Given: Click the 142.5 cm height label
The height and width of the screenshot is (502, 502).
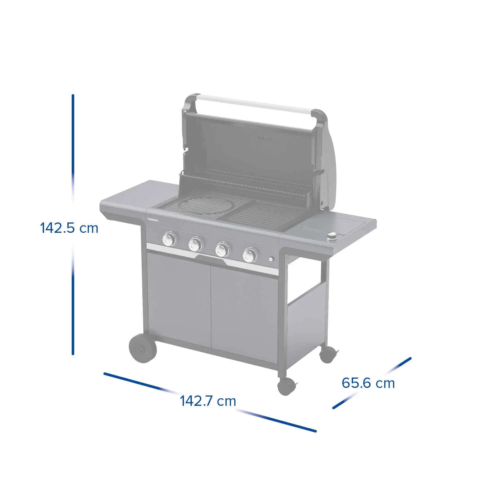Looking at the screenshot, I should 69,228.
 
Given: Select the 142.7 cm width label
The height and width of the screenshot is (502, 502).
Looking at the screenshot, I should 208,401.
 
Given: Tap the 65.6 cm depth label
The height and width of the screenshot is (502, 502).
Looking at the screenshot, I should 368,383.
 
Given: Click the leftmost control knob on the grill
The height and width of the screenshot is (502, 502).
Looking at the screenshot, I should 169,239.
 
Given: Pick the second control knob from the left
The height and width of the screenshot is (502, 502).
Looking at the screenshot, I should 196,244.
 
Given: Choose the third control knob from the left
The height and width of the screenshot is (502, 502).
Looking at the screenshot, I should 223,249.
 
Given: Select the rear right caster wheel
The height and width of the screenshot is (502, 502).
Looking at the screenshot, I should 328,354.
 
